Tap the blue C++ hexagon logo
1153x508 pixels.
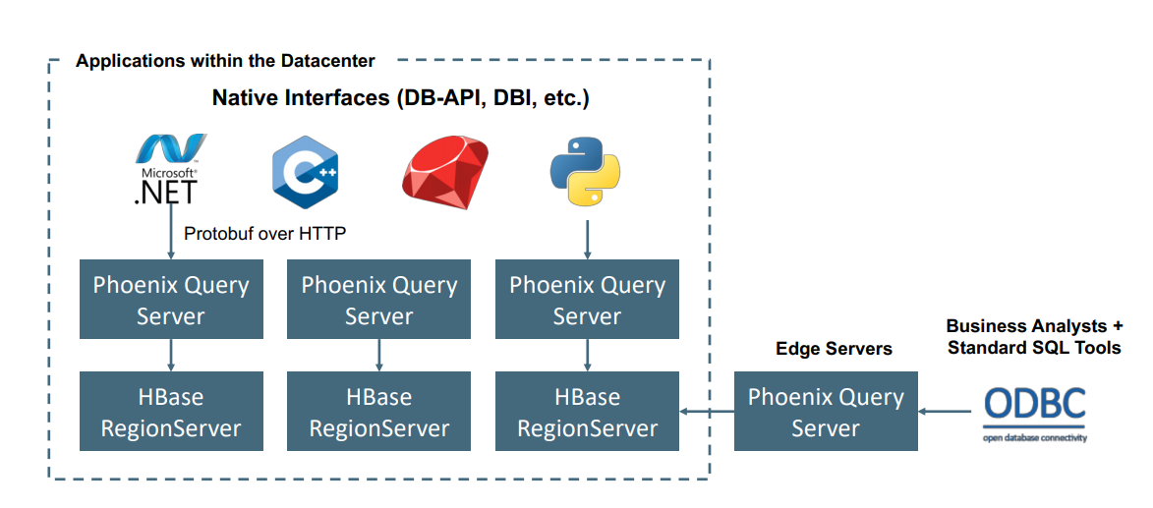[305, 173]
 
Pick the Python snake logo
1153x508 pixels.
[585, 172]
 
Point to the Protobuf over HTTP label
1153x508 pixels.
[264, 233]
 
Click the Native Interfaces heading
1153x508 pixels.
[400, 98]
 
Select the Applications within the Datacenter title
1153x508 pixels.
[225, 61]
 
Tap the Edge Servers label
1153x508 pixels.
[834, 349]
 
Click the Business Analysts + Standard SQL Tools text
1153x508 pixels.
[1033, 336]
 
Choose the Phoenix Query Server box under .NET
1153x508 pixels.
[171, 300]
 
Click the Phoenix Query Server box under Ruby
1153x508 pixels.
[379, 300]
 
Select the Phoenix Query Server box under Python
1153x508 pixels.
[587, 300]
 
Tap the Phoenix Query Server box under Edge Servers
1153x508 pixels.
[826, 412]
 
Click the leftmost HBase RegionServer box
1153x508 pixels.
[171, 412]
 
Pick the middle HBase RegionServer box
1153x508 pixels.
[379, 412]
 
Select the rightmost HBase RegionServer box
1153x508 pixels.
[587, 412]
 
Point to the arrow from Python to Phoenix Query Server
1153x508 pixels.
[587, 239]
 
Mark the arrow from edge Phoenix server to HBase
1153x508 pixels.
[706, 412]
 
